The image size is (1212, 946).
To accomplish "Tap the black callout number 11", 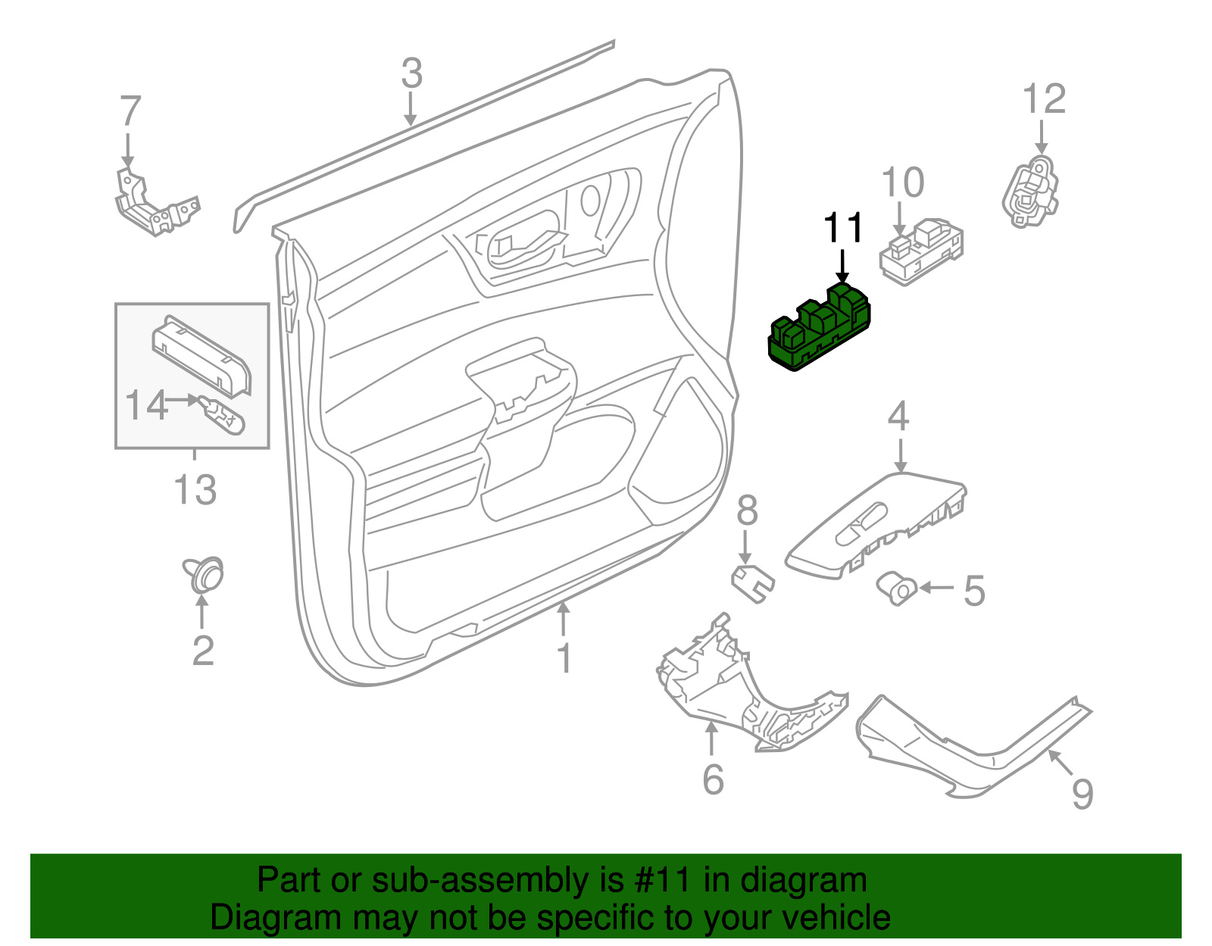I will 843,228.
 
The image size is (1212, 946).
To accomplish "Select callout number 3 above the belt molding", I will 411,74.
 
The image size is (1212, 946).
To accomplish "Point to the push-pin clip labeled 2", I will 205,576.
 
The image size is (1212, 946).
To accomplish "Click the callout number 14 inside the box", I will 145,406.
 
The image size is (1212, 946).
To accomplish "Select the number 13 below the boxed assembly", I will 195,490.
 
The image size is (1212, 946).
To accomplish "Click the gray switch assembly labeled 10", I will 921,252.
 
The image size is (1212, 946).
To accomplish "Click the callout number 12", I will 1044,99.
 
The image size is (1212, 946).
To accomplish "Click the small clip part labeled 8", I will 752,582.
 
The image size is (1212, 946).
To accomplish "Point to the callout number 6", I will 713,779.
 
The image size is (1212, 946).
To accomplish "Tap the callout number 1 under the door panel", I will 564,658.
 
